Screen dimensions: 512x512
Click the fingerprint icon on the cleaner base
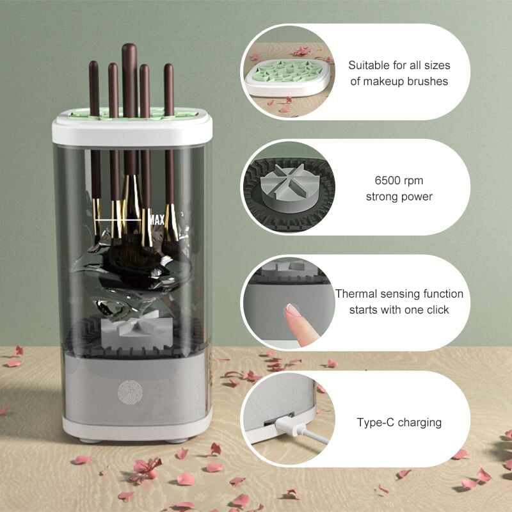128,391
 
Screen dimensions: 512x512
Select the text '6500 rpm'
399,181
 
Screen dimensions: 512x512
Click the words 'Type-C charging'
399,422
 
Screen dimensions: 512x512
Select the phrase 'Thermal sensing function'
399,294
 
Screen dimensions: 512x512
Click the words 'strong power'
399,197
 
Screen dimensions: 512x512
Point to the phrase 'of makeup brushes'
398,81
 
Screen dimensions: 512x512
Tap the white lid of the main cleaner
132,131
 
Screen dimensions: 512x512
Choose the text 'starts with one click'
399,310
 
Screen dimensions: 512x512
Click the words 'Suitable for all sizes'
399,65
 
